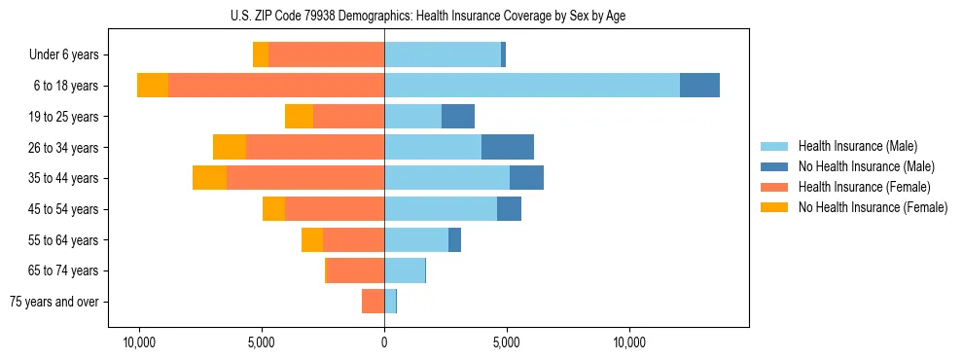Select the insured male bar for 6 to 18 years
pyautogui.click(x=532, y=85)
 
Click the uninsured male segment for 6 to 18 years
pyautogui.click(x=699, y=85)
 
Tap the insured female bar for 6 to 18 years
pyautogui.click(x=276, y=85)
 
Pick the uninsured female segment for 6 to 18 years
pyautogui.click(x=153, y=85)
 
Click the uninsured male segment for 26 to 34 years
pyautogui.click(x=508, y=147)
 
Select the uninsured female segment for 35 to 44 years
pyautogui.click(x=209, y=178)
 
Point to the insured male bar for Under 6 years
pyautogui.click(x=443, y=54)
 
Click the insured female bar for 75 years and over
pyautogui.click(x=374, y=302)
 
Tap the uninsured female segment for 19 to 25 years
pyautogui.click(x=299, y=116)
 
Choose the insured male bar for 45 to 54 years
pyautogui.click(x=441, y=209)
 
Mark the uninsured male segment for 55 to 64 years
pyautogui.click(x=454, y=239)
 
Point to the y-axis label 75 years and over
pyautogui.click(x=54, y=302)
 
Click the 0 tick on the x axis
pyautogui.click(x=384, y=342)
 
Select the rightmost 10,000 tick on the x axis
pyautogui.click(x=629, y=342)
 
